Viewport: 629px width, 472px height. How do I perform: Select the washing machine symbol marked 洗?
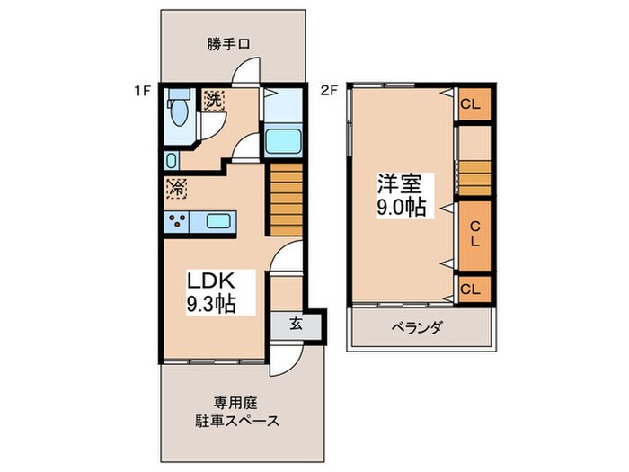[214, 101]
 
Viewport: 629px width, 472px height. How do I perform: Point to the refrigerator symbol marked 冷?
[176, 189]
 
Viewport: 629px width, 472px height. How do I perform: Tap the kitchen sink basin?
[219, 221]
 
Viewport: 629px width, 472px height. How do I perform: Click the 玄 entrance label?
[296, 325]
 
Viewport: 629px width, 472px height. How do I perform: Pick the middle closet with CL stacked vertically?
[473, 233]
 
